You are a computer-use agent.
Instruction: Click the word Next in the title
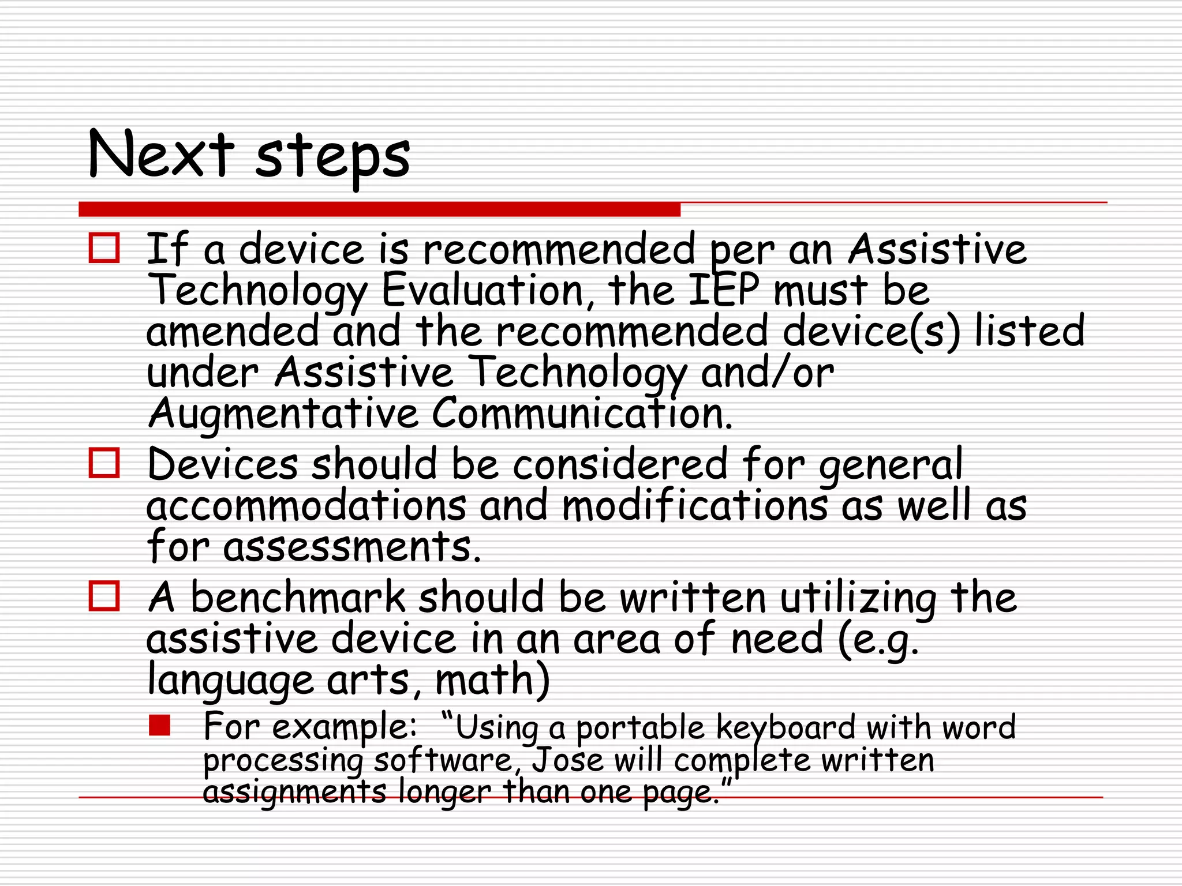pos(161,154)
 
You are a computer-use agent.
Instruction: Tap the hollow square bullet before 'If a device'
pos(104,248)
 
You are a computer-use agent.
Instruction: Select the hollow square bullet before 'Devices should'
pos(104,463)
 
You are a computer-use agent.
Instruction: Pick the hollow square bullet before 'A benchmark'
pos(104,596)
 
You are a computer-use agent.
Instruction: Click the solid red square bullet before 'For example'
pos(160,726)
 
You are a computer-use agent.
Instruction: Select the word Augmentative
pos(283,414)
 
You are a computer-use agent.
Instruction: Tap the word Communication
pos(582,413)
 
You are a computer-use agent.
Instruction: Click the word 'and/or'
pos(767,372)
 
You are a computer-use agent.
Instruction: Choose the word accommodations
pos(306,506)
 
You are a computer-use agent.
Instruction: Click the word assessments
pos(351,547)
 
